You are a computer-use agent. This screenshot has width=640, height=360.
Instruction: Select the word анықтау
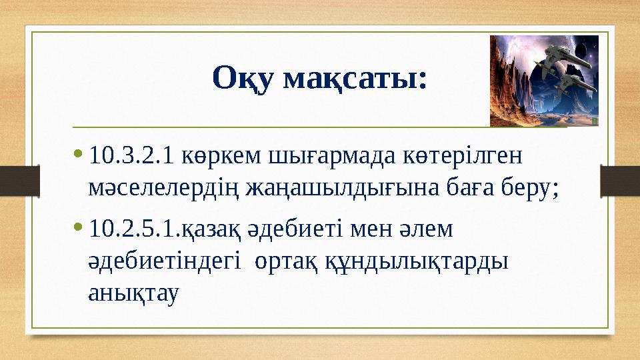(134, 294)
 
